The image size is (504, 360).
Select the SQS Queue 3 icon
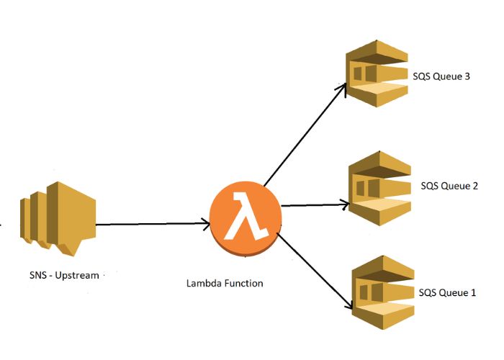(375, 76)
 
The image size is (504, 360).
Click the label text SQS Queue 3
(441, 76)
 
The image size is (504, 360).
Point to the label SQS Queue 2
(449, 186)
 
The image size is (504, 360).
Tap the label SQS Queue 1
(447, 292)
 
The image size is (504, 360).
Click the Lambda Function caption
(225, 283)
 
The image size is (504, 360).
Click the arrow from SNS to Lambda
(151, 225)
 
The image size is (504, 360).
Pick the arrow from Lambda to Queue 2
(313, 205)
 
